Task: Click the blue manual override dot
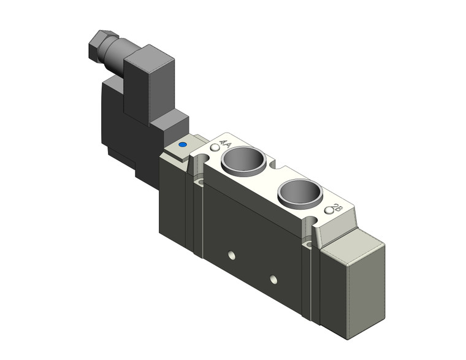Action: click(181, 146)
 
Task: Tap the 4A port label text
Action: click(224, 145)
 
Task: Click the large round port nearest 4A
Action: click(244, 161)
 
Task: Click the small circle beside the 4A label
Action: click(214, 148)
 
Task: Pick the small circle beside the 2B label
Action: click(329, 212)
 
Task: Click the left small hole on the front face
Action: click(231, 253)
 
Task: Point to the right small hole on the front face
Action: click(273, 280)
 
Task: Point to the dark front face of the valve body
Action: click(258, 245)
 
